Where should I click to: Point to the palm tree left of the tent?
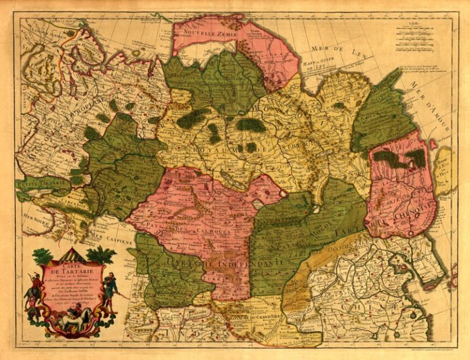tap(42, 257)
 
